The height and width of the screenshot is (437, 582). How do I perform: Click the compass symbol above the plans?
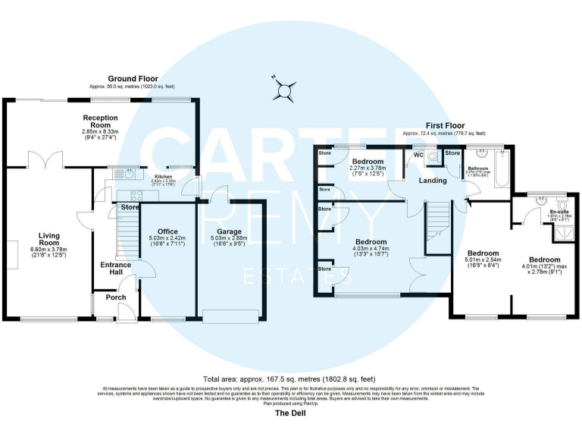tap(284, 90)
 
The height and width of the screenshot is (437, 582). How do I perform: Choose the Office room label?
tap(167, 231)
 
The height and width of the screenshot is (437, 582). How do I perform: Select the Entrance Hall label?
tap(115, 269)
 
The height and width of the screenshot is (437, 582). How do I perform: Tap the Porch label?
tap(116, 297)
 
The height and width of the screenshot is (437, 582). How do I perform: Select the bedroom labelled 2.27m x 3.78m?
tap(368, 166)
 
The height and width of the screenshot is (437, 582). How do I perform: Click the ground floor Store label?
tap(130, 207)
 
